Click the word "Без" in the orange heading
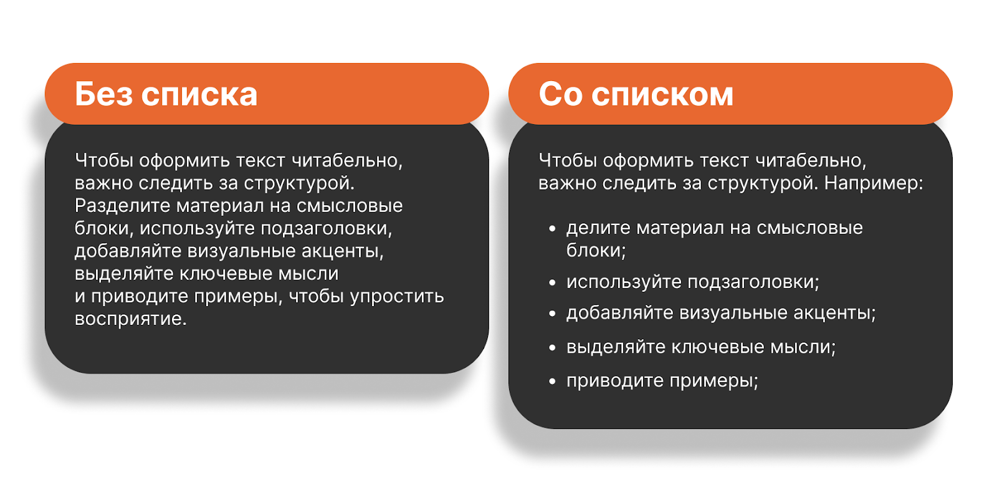pyautogui.click(x=103, y=94)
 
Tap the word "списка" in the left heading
pyautogui.click(x=199, y=95)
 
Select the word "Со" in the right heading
pyautogui.click(x=561, y=94)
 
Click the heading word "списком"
pyautogui.click(x=662, y=95)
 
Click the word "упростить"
pyautogui.click(x=397, y=297)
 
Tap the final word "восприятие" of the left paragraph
pyautogui.click(x=131, y=319)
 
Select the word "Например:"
pyautogui.click(x=874, y=183)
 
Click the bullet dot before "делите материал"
pyautogui.click(x=552, y=229)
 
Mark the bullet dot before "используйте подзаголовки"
pyautogui.click(x=552, y=282)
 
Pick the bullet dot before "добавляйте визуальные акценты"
pyautogui.click(x=552, y=314)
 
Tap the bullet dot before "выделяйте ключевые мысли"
pyautogui.click(x=552, y=347)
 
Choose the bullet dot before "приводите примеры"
pyautogui.click(x=552, y=381)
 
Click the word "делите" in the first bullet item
pyautogui.click(x=598, y=228)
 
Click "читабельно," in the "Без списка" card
pyautogui.click(x=346, y=161)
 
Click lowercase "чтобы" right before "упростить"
pyautogui.click(x=317, y=296)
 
